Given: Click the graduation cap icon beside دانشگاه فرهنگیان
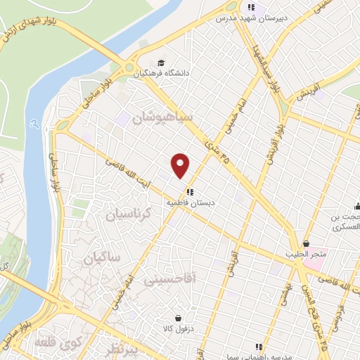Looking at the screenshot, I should tap(162, 62).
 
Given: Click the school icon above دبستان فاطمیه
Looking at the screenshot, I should tap(190, 192).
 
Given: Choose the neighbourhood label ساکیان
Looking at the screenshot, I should tap(102, 258).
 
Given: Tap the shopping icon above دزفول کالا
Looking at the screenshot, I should tap(177, 319).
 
